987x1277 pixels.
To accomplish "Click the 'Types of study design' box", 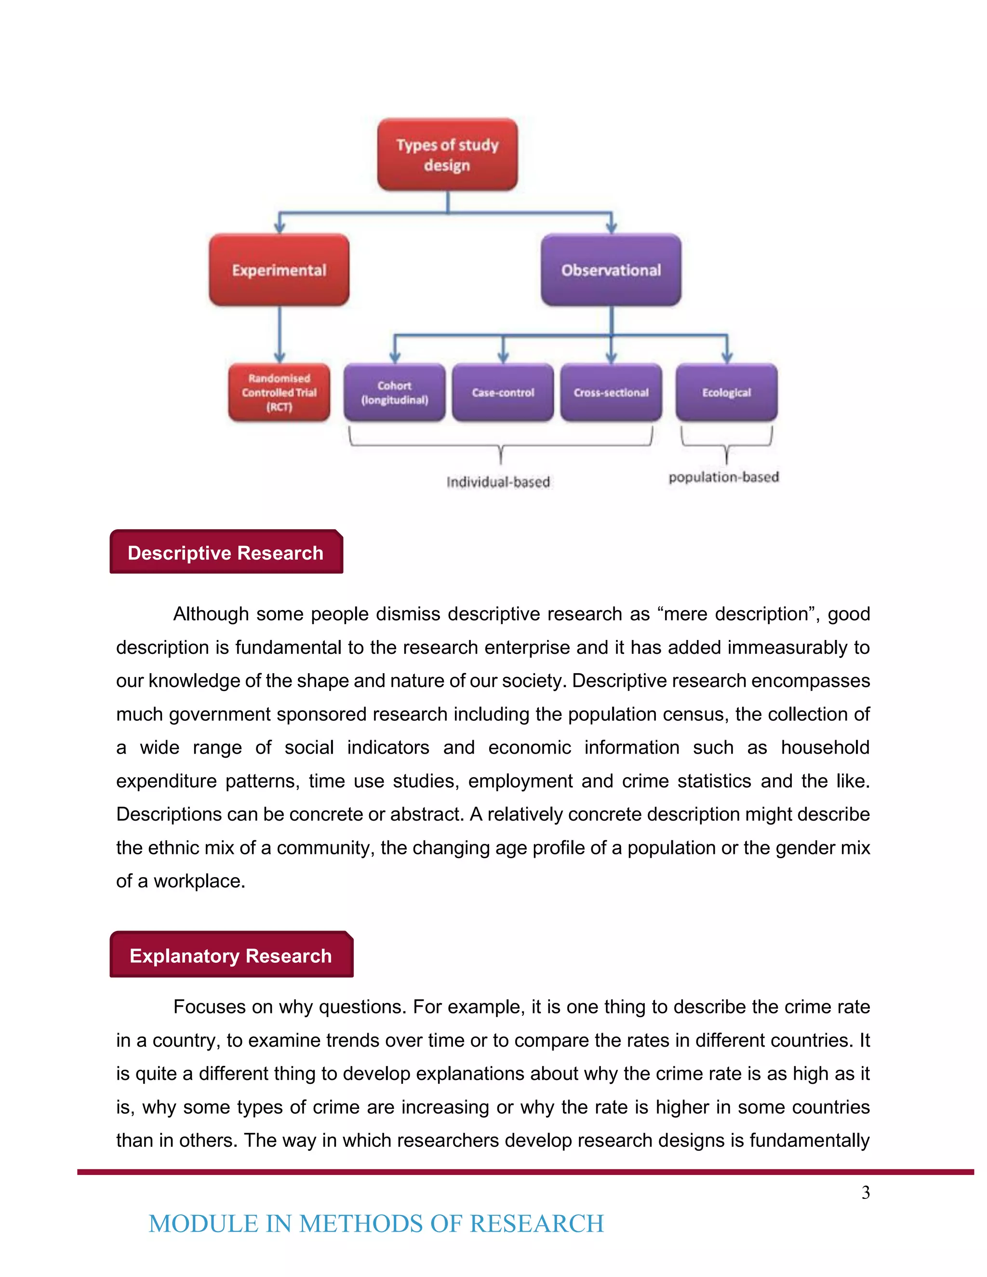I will pos(447,154).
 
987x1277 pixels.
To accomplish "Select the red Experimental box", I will pos(279,269).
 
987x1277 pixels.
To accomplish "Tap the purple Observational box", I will pos(611,269).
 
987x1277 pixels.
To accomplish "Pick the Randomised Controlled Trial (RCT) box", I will pos(279,392).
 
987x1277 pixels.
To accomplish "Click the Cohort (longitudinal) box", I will pos(395,392).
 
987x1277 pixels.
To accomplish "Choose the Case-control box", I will pos(503,392).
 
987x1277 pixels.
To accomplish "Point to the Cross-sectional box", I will pos(611,392).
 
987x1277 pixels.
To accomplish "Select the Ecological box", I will pos(726,392).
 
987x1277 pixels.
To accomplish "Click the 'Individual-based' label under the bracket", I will pos(498,482).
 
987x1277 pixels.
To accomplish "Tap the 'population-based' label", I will pos(723,477).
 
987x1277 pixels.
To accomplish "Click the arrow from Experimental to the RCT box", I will pos(280,333).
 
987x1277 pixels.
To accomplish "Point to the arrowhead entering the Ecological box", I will pos(727,357).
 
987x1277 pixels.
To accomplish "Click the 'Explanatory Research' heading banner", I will pos(231,956).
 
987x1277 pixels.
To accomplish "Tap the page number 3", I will pos(866,1192).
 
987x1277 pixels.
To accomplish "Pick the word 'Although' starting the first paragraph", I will pos(211,614).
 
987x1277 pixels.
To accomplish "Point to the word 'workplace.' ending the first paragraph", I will pos(200,880).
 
